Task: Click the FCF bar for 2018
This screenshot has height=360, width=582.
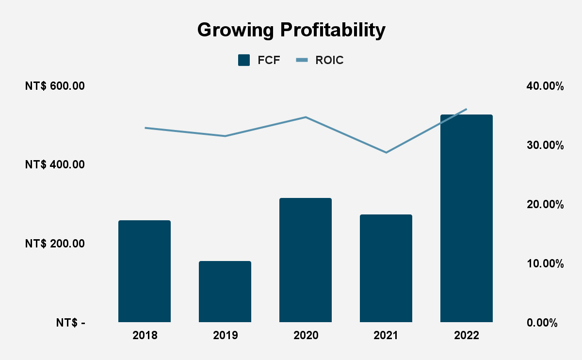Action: point(145,271)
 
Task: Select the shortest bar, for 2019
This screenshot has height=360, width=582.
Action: point(225,292)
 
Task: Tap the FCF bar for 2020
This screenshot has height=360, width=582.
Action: point(306,260)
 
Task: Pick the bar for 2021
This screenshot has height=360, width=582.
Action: point(386,268)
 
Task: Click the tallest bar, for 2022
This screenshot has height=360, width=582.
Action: point(466,218)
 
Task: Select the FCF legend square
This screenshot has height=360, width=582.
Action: point(244,60)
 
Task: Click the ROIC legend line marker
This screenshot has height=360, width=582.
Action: point(302,60)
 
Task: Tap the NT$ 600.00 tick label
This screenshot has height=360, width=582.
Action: point(55,86)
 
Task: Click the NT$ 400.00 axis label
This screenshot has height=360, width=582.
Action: point(55,165)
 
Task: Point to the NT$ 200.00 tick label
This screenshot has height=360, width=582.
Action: point(55,244)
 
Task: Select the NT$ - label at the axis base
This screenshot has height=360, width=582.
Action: point(70,323)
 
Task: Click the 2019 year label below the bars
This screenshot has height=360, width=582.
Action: point(225,336)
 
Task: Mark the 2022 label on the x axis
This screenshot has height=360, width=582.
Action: point(466,336)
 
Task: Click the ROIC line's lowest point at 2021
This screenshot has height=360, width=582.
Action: point(386,152)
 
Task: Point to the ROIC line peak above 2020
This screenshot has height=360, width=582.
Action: point(306,117)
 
